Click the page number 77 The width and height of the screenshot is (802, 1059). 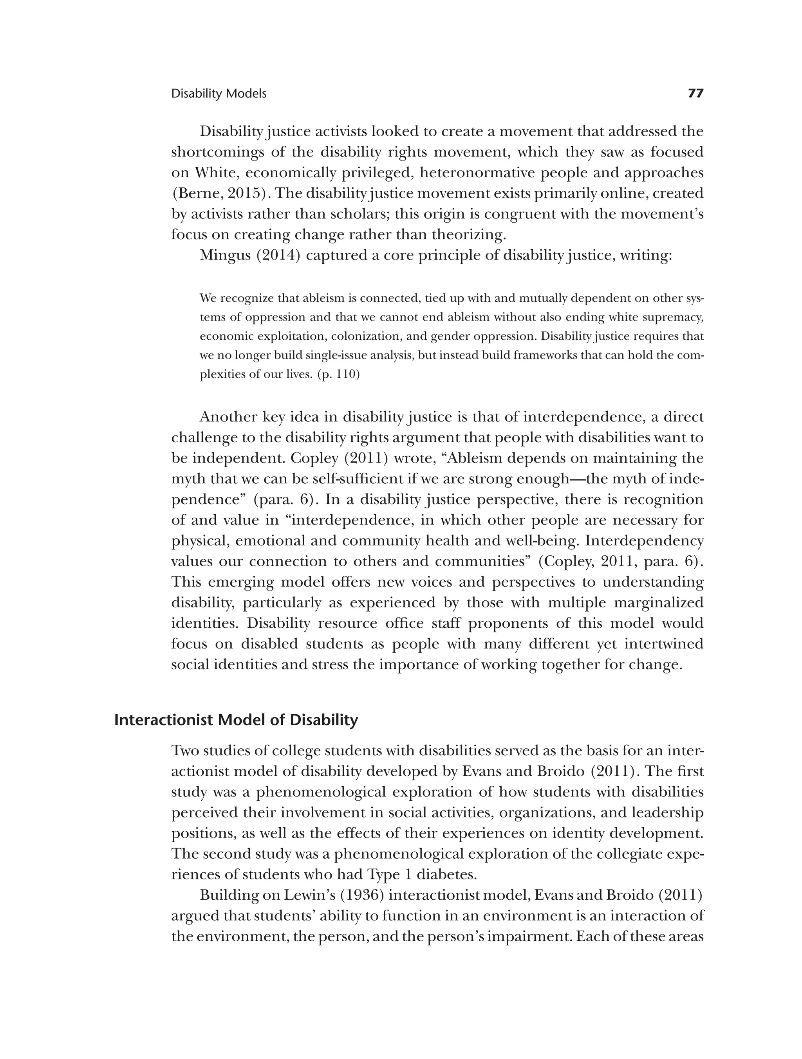(x=695, y=94)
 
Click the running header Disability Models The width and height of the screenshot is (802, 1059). (x=219, y=94)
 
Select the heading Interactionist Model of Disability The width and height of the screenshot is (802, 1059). (x=236, y=720)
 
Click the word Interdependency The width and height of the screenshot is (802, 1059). (x=644, y=541)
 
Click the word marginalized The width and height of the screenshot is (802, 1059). (x=658, y=603)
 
